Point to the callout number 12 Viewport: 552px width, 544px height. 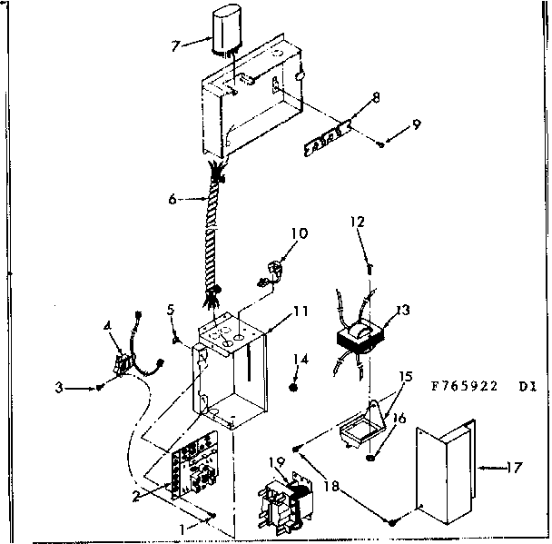click(359, 221)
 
